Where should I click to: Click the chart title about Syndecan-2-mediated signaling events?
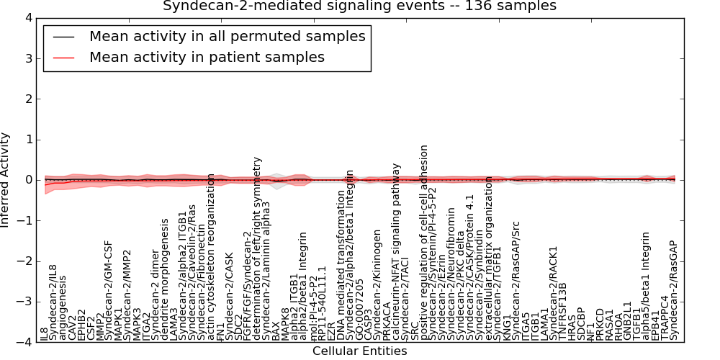click(359, 6)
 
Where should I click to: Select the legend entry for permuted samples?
click(227, 36)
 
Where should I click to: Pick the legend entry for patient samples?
click(207, 57)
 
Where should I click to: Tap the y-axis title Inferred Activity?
click(6, 180)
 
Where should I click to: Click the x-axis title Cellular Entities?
click(359, 351)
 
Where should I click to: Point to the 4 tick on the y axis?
click(28, 17)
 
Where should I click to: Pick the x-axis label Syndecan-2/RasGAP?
click(674, 290)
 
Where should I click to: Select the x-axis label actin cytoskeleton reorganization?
click(211, 256)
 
